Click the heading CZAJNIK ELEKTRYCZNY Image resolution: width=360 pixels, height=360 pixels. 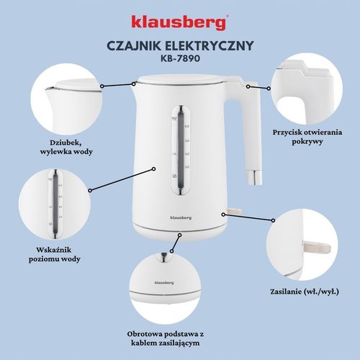click(179, 45)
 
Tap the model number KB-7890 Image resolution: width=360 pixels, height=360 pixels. click(179, 59)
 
